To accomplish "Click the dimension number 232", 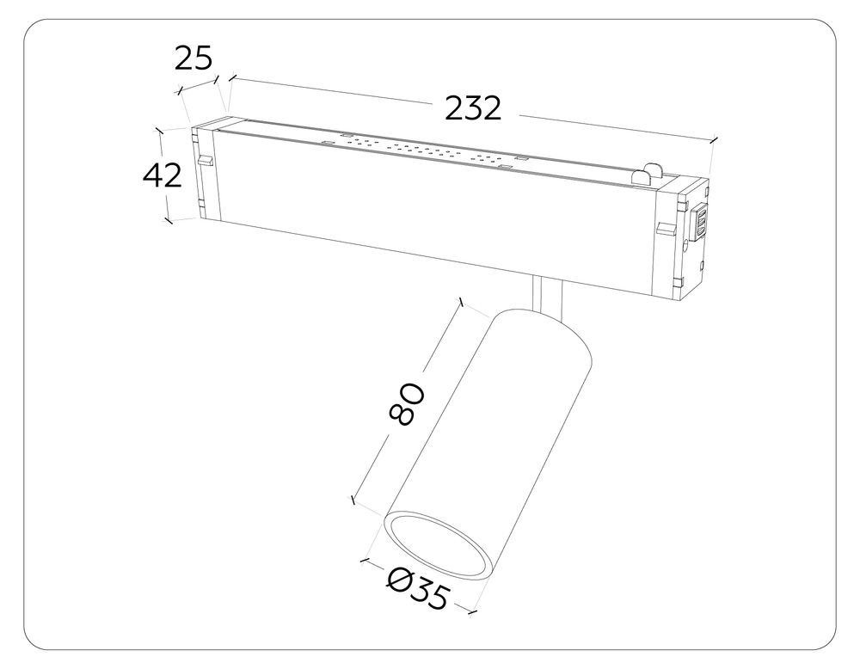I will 472,108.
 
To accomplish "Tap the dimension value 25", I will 193,58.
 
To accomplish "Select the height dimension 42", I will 162,175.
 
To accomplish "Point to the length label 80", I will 407,404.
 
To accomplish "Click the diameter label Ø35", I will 418,589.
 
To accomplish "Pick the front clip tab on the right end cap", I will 666,228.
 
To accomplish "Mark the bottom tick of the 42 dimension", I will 168,221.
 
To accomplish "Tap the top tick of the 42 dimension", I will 158,130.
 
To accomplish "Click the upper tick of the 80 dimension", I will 462,302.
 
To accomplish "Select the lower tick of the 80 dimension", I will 351,499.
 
